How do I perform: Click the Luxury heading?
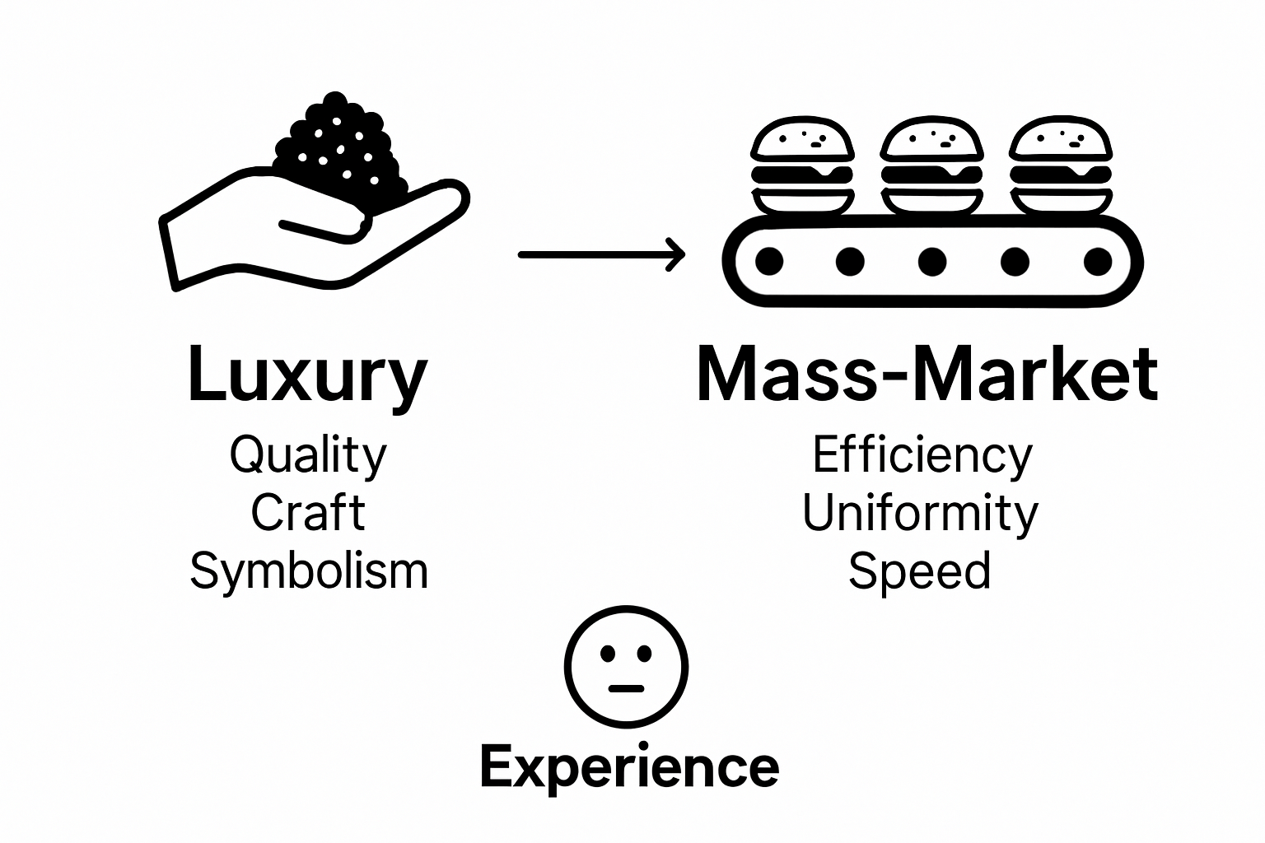click(307, 375)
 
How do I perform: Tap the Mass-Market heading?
click(927, 375)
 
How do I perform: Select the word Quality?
click(307, 455)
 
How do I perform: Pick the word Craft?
click(307, 513)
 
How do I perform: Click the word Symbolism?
click(309, 571)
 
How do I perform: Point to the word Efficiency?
click(922, 455)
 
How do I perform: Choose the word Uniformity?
click(920, 513)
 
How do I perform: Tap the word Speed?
click(919, 571)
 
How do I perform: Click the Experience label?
click(629, 767)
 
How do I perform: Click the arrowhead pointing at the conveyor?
click(676, 254)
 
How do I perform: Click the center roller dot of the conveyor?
click(932, 262)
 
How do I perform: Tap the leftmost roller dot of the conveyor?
click(769, 262)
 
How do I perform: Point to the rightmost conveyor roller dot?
click(1097, 262)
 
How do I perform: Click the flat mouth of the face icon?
click(626, 687)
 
